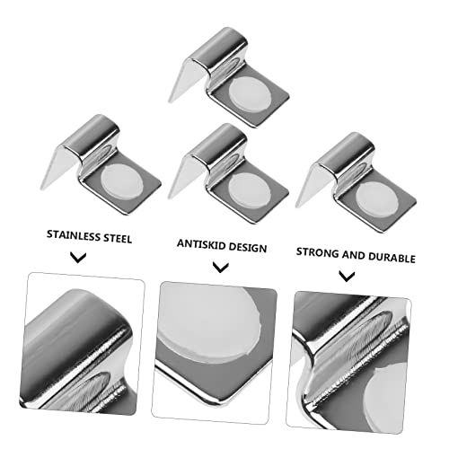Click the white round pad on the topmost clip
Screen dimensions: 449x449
[250, 93]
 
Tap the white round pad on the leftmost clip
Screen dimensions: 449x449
[122, 180]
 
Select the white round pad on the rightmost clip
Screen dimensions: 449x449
[377, 198]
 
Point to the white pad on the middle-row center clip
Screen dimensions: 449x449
[250, 189]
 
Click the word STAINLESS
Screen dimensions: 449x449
[73, 235]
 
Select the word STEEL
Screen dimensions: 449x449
[118, 239]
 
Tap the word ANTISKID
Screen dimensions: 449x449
[201, 244]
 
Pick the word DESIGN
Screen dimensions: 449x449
[248, 248]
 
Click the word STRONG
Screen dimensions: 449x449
[317, 252]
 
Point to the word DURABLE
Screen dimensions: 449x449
[392, 258]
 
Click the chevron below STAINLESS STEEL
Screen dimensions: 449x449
[78, 258]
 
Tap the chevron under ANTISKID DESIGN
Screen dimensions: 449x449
[221, 267]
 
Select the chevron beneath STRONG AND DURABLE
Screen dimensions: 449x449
[347, 276]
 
